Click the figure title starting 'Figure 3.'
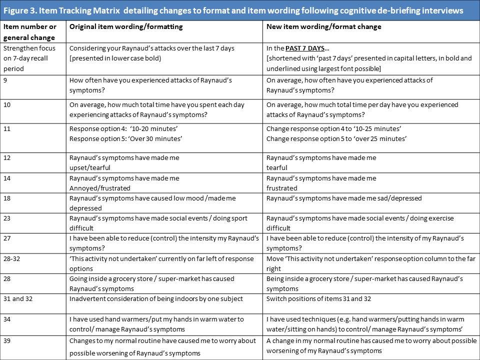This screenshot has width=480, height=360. (233, 10)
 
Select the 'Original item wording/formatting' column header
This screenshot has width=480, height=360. (126, 26)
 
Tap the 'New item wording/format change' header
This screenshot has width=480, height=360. (324, 26)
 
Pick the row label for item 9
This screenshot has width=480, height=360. (6, 80)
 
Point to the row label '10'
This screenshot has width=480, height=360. (7, 105)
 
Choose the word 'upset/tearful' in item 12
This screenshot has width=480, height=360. (90, 167)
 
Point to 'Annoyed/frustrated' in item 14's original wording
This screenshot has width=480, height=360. (100, 188)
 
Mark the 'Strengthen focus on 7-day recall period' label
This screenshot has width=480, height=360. (30, 58)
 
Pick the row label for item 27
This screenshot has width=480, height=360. (7, 238)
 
